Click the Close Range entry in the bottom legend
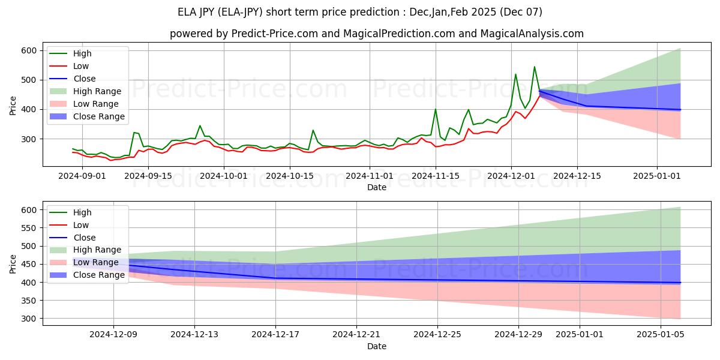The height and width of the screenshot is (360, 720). point(98,275)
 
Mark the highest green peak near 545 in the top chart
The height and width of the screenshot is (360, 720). point(534,67)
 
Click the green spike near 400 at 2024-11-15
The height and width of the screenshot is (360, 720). point(436,109)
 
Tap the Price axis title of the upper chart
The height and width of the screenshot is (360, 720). point(13,105)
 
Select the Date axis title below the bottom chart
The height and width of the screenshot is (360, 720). point(376,346)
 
